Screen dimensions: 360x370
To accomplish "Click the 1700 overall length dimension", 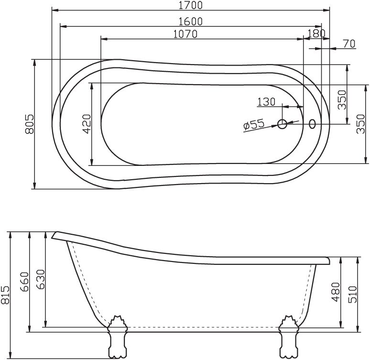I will [190, 6].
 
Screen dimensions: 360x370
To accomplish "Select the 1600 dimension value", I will [190, 21].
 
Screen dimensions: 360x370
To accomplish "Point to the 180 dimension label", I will [316, 33].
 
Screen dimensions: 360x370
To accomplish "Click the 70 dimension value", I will [348, 44].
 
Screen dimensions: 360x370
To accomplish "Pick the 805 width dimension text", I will [29, 124].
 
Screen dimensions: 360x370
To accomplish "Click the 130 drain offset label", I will [266, 101].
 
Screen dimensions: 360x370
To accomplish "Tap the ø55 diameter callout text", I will [254, 125].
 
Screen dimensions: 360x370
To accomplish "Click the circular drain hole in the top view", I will [283, 124].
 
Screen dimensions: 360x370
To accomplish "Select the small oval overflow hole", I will [313, 124].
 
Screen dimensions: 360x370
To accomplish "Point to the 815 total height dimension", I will [6, 295].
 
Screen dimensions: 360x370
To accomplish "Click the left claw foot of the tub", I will [118, 337].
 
